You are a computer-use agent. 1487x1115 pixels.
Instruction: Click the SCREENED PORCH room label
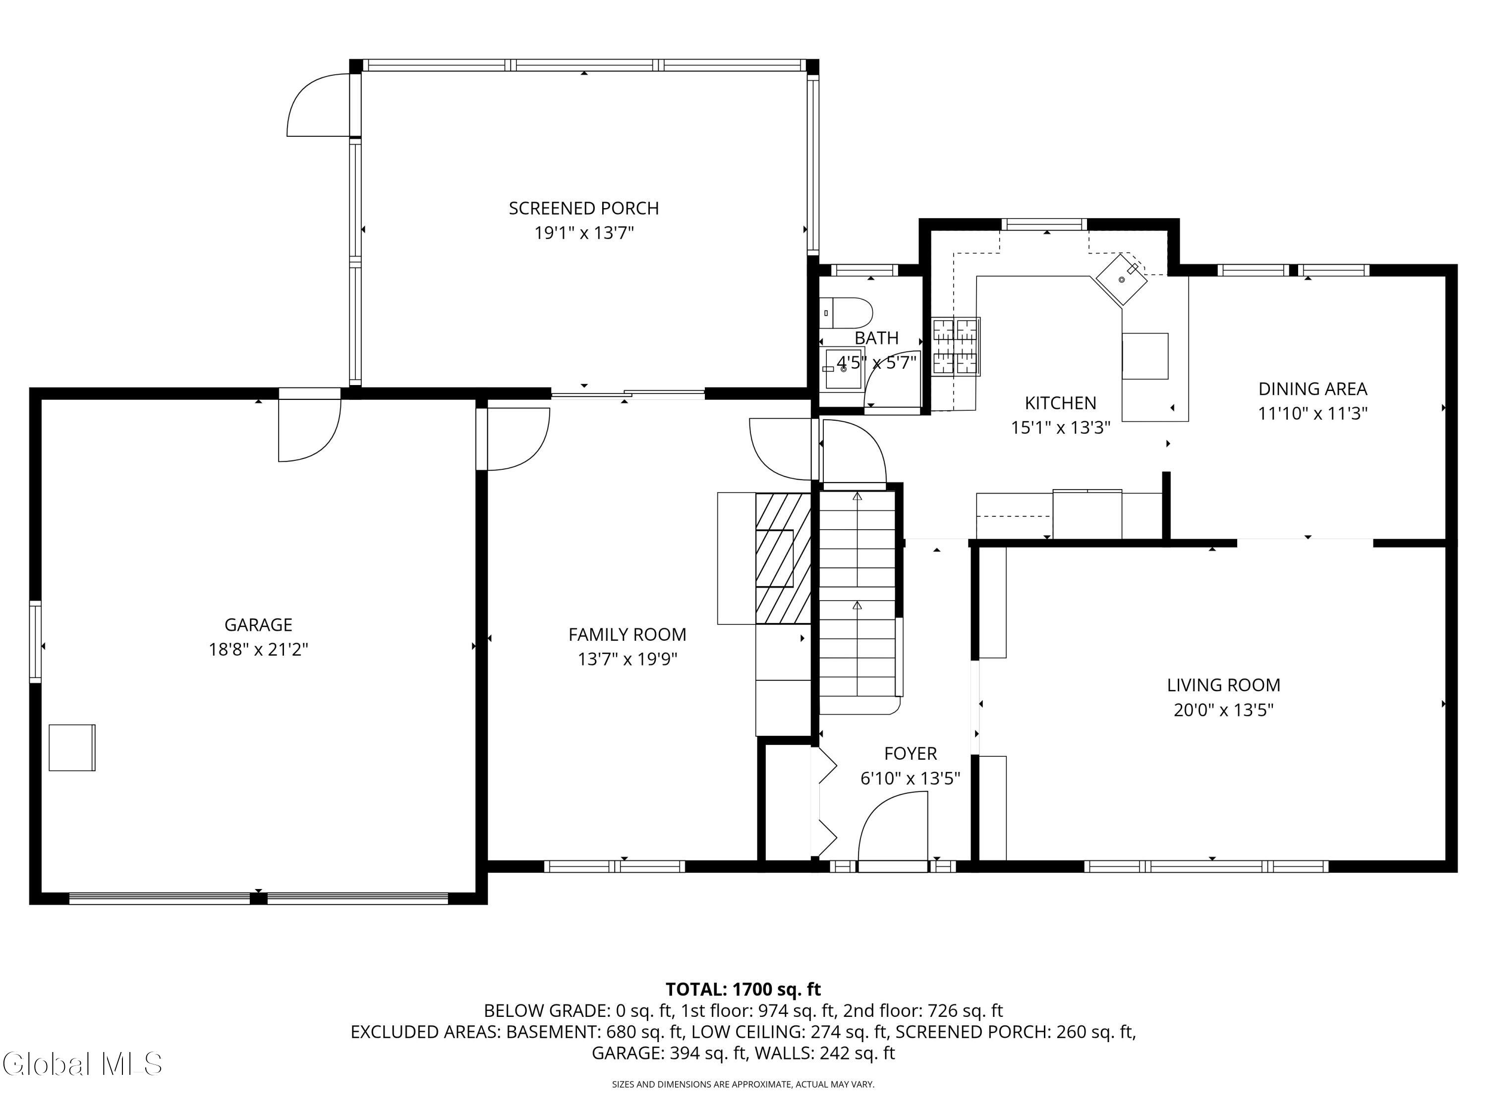pos(583,208)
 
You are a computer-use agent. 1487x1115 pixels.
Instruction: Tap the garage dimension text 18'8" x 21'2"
pos(258,649)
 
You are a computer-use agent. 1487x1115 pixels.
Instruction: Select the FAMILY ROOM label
pos(627,634)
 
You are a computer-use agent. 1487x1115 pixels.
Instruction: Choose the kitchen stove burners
pos(955,346)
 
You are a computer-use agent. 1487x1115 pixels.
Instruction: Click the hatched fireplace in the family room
pos(783,558)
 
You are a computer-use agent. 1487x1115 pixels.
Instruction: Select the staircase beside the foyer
pos(858,602)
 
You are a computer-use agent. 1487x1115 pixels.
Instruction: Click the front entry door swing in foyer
pos(893,831)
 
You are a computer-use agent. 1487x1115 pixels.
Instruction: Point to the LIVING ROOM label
pos(1223,685)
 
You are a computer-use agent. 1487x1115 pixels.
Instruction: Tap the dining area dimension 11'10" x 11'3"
pos(1313,413)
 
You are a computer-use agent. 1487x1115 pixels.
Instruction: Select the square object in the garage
pos(72,747)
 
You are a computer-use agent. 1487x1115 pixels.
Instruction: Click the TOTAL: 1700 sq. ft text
pos(743,989)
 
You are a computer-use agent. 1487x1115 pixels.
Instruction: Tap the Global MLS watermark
pos(82,1064)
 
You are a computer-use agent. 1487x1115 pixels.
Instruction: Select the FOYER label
pos(910,753)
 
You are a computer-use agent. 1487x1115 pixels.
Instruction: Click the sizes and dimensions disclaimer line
pos(743,1084)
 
